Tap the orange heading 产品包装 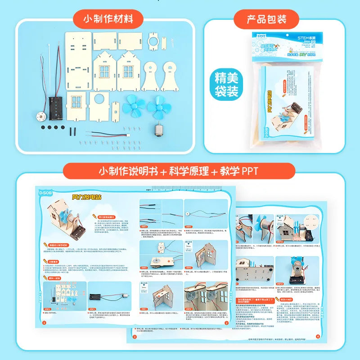click(266, 20)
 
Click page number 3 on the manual click(134, 336)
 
